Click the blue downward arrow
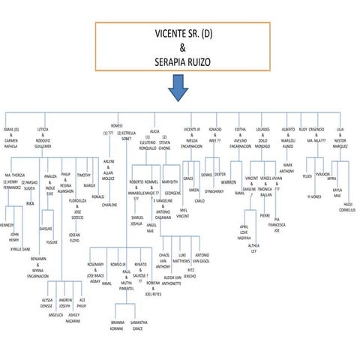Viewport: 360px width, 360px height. pos(178,87)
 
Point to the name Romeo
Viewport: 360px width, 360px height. pos(116,125)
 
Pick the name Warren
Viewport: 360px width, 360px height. pos(229,182)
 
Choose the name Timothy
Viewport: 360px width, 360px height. pos(84,175)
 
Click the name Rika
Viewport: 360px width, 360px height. pos(30,202)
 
